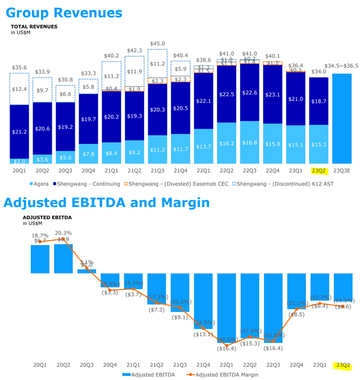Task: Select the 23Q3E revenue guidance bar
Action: click(x=341, y=118)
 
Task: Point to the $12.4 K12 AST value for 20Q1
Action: click(x=20, y=89)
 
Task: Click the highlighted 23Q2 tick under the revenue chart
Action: click(x=318, y=170)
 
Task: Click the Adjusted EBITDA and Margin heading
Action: click(x=105, y=202)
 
